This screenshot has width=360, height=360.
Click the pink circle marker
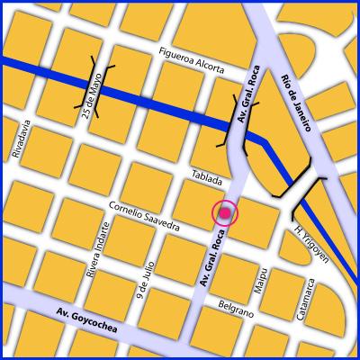click(224, 213)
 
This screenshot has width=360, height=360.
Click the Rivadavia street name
click(17, 144)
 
